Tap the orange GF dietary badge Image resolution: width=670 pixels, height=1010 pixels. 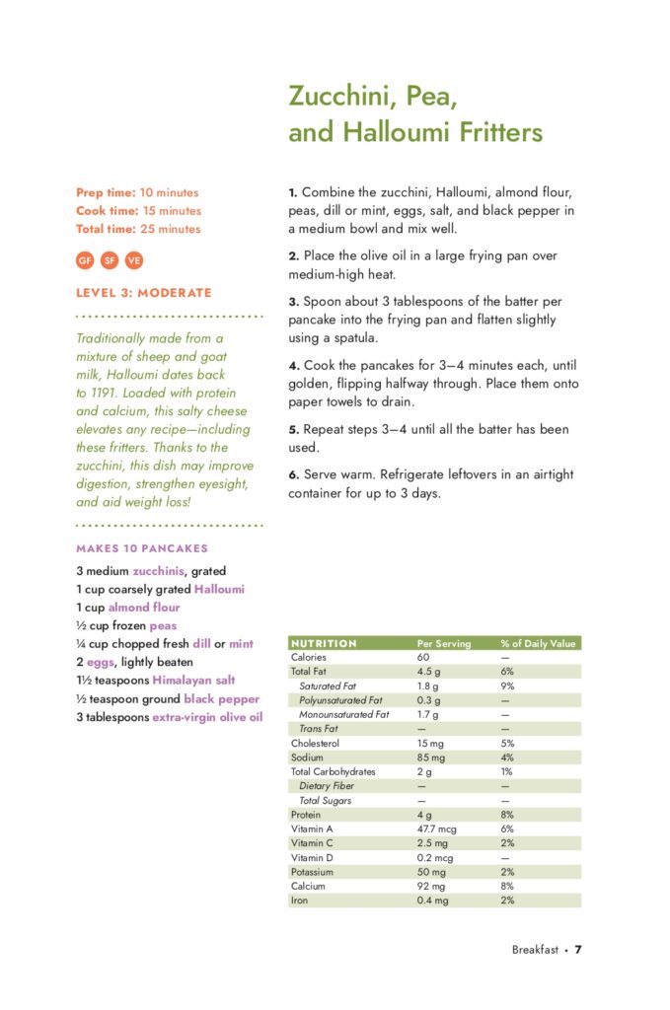click(x=85, y=260)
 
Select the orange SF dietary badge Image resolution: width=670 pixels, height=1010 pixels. click(x=110, y=260)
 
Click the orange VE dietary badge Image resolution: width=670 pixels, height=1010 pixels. click(x=134, y=260)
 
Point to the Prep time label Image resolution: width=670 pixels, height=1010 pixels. click(x=106, y=192)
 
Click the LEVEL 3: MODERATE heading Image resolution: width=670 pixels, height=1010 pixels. click(x=144, y=293)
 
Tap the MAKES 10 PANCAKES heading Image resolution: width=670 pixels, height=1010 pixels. click(x=142, y=548)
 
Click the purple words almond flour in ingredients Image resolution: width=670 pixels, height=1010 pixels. click(x=144, y=608)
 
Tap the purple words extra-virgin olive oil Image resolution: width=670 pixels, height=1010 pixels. click(x=207, y=717)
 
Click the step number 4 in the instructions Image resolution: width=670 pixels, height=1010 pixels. click(x=294, y=366)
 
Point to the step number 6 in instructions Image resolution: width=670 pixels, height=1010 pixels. click(x=294, y=474)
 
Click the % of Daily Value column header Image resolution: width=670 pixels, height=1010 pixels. click(x=538, y=643)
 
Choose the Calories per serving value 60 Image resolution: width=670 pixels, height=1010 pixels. click(x=423, y=657)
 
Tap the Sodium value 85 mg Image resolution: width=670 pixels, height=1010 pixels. click(x=431, y=757)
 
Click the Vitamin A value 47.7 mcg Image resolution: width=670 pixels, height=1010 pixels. click(x=434, y=830)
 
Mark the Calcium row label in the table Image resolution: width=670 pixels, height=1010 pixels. click(x=308, y=887)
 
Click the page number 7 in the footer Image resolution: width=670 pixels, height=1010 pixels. click(x=579, y=950)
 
